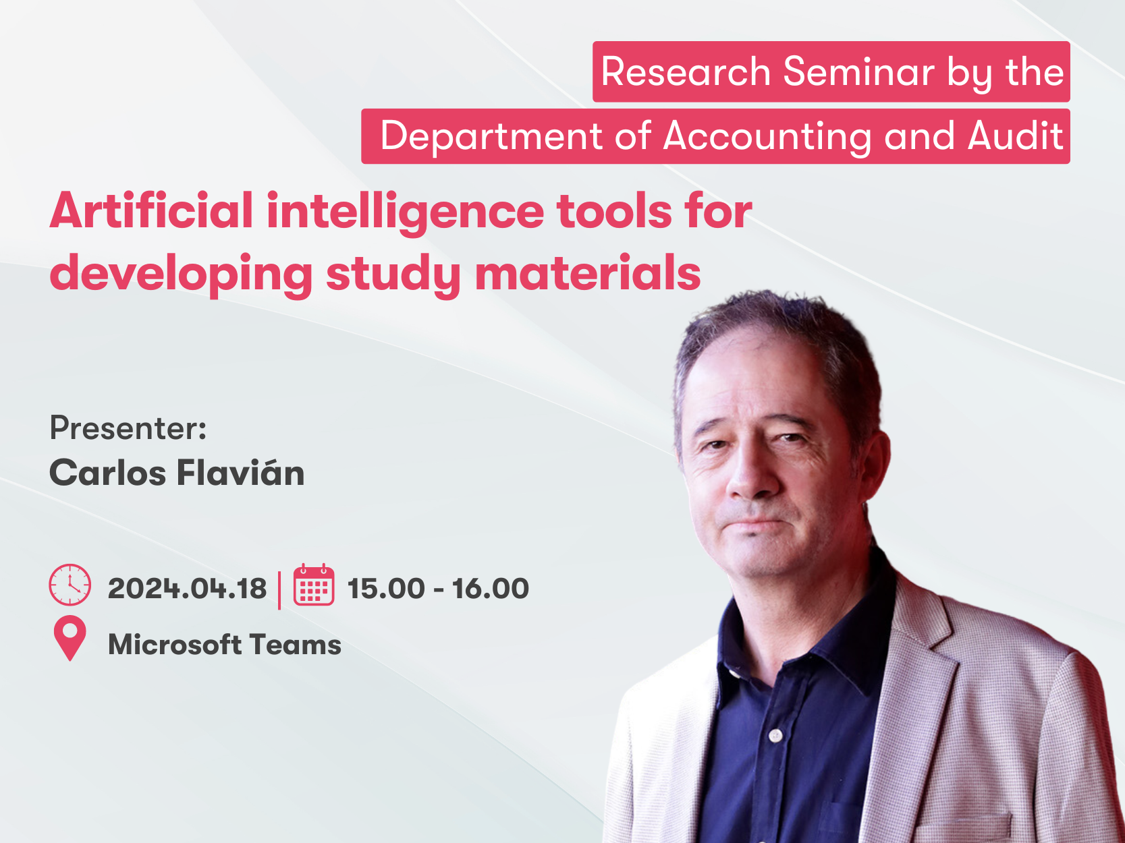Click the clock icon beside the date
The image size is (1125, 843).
(70, 585)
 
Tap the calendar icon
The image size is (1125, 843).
(314, 585)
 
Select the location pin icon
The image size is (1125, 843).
(70, 638)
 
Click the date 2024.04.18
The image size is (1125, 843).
(187, 588)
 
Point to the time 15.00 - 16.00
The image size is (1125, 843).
(438, 588)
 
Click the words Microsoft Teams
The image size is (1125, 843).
(225, 644)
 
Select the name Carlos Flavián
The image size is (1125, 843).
(177, 472)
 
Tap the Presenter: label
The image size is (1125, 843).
(128, 428)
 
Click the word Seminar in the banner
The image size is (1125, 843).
(859, 71)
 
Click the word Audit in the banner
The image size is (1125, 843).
(1015, 136)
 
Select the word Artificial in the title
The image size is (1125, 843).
(151, 210)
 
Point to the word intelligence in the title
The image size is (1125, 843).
(405, 212)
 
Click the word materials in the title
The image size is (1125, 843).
(588, 272)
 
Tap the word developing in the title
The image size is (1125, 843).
(181, 274)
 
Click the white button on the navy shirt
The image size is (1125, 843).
(776, 736)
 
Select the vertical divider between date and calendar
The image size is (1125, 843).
(279, 591)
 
